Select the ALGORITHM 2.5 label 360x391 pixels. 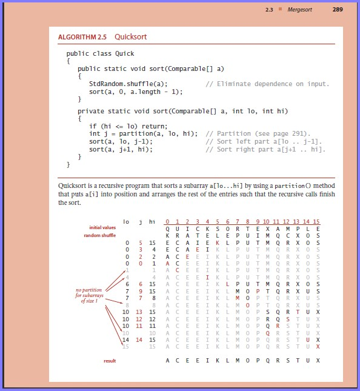tap(83, 37)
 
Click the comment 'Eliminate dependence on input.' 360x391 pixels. tap(267, 84)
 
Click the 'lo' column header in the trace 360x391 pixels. tap(126, 222)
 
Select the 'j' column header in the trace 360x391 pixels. tap(141, 222)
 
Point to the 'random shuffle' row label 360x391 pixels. tap(100, 235)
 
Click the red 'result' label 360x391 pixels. tap(109, 361)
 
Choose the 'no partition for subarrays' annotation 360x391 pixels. tap(87, 296)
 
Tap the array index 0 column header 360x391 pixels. tap(167, 222)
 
